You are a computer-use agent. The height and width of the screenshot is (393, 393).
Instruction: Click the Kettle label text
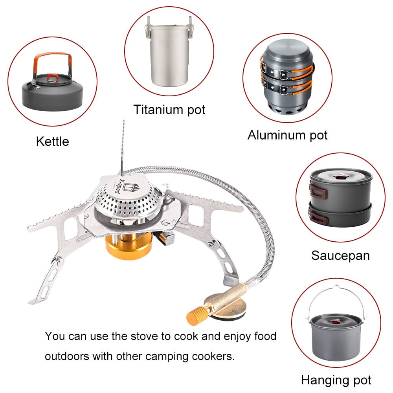point(52,141)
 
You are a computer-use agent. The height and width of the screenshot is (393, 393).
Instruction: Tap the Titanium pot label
point(169,109)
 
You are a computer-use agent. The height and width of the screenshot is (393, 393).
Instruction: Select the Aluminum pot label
point(287,135)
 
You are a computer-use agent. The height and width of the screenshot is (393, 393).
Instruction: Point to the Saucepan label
point(340,255)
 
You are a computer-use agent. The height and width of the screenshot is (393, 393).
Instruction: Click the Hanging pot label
point(336,380)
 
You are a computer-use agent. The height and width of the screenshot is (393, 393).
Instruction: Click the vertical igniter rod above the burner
point(122,145)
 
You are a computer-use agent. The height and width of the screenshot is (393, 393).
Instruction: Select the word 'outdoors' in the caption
point(67,356)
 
